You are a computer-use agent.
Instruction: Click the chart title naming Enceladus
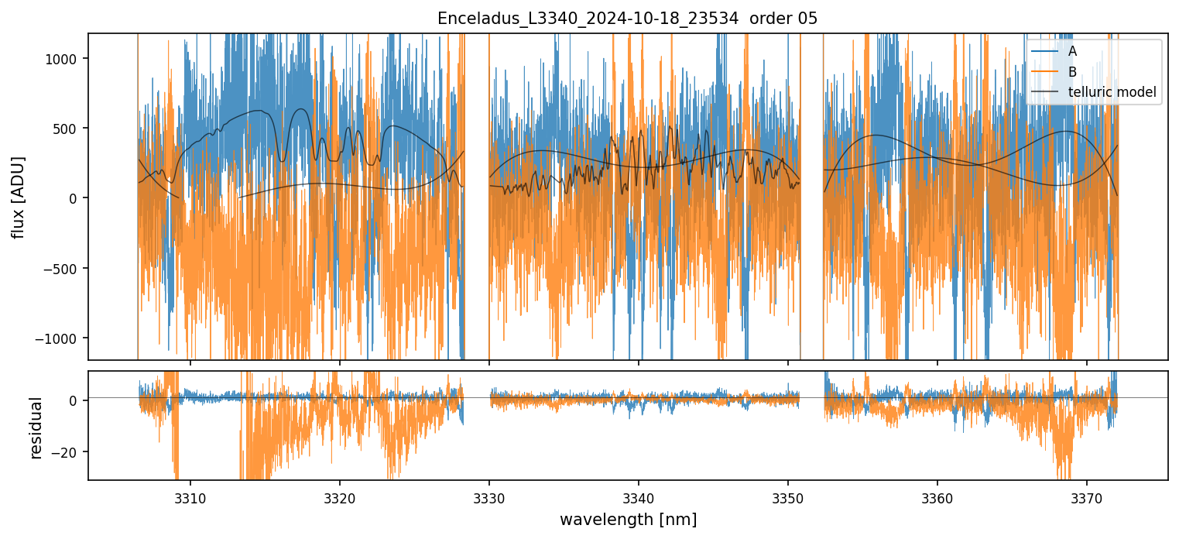pos(627,19)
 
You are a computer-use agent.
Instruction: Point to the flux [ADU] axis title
pos(17,197)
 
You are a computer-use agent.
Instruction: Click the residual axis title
pos(36,427)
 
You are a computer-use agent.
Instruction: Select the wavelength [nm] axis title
pos(627,519)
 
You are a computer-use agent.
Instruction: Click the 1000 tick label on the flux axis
pos(67,59)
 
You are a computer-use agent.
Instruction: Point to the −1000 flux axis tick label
pos(62,338)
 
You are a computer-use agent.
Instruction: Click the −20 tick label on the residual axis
pos(67,452)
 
